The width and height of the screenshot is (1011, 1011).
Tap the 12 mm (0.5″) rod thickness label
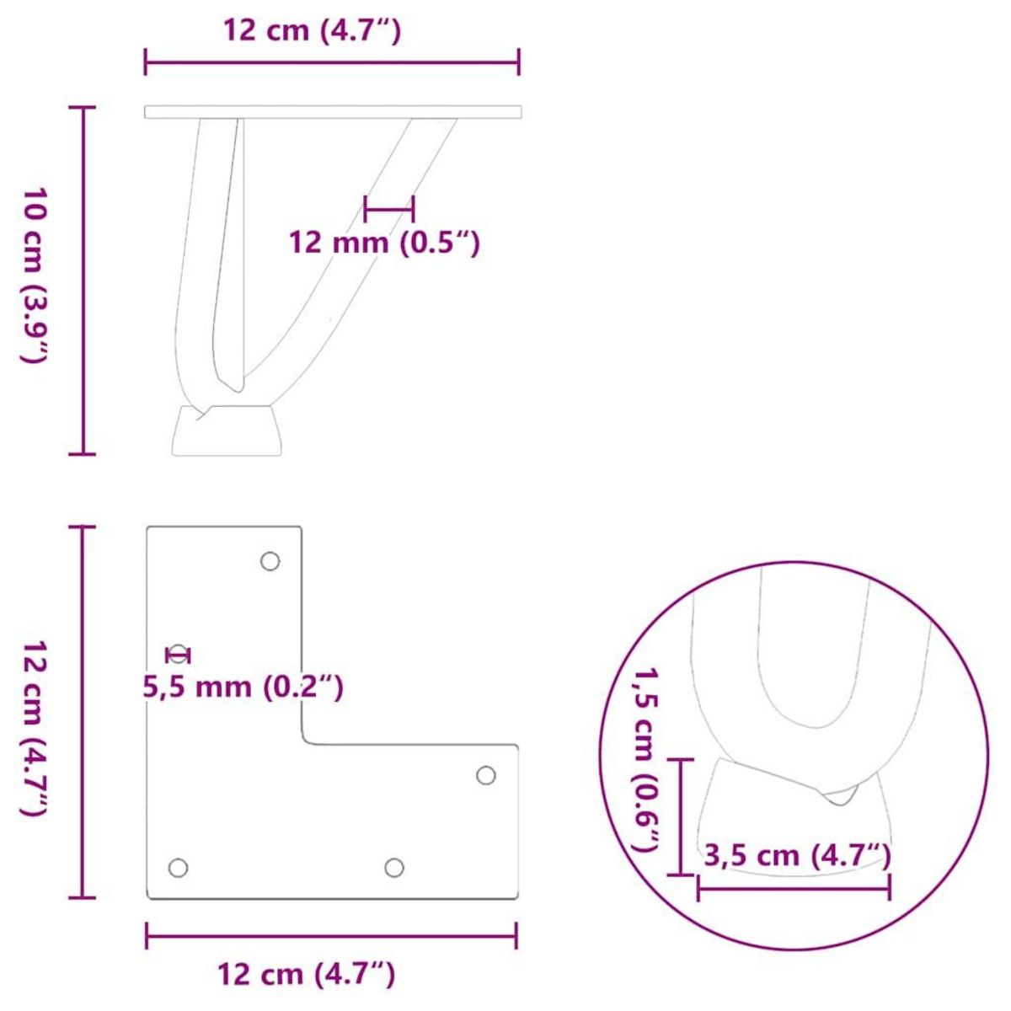click(384, 243)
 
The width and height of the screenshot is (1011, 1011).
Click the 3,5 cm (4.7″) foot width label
click(796, 856)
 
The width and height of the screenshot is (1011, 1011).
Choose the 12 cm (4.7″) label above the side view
click(312, 31)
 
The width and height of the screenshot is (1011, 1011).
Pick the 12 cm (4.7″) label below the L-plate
click(307, 975)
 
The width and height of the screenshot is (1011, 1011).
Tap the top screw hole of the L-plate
click(270, 561)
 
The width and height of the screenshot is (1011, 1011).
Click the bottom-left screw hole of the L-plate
click(178, 867)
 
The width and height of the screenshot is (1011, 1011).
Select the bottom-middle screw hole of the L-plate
click(393, 867)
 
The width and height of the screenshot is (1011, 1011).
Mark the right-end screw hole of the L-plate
click(486, 775)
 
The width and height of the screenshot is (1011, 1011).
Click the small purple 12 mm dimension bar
click(389, 207)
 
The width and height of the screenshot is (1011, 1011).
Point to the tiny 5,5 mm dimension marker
click(179, 655)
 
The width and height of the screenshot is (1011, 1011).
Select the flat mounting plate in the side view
click(333, 112)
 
